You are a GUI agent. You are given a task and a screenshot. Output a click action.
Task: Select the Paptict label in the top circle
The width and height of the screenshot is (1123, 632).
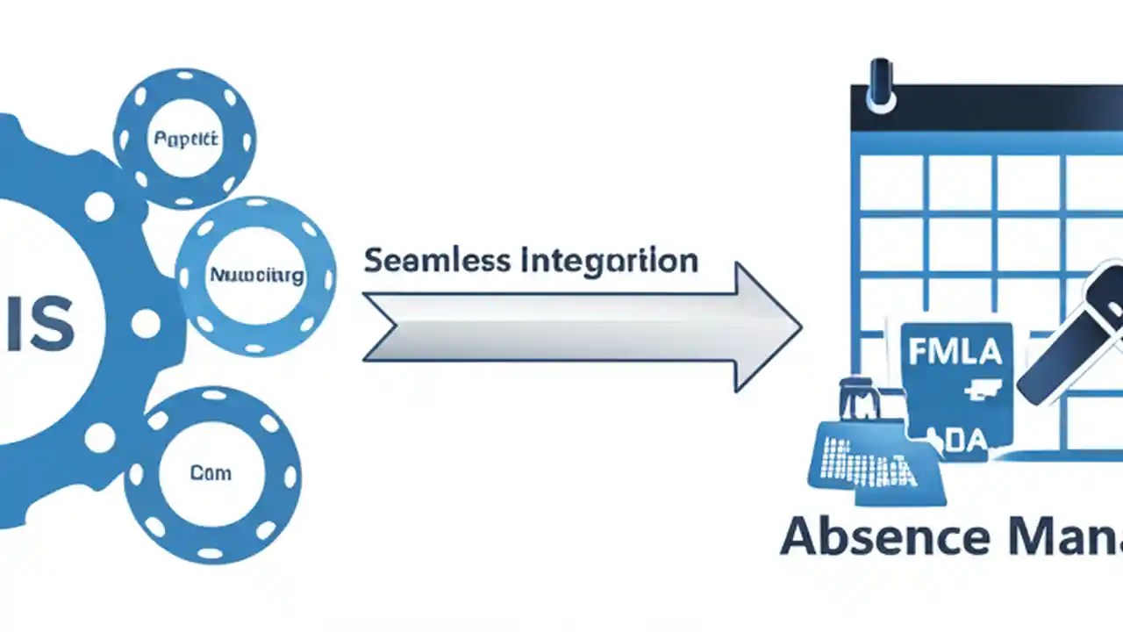tap(186, 139)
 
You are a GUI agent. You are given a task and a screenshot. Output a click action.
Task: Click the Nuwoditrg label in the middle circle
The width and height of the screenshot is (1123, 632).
tap(256, 276)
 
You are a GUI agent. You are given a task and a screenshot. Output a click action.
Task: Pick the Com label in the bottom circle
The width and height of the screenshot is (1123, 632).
tap(211, 473)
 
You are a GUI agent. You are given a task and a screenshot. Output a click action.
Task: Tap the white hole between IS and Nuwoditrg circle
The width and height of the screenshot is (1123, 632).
tap(145, 324)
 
